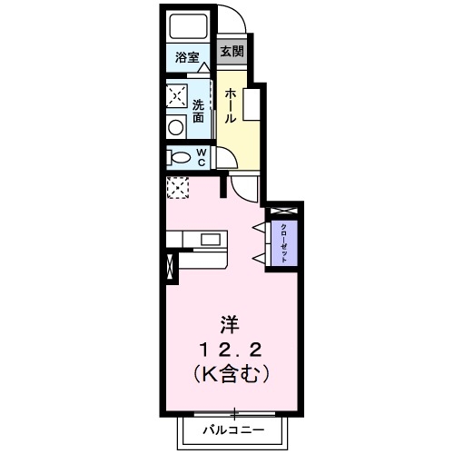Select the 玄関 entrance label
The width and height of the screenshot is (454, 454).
pyautogui.click(x=231, y=53)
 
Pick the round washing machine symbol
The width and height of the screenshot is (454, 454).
pyautogui.click(x=176, y=126)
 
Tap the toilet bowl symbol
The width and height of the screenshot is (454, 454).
pyautogui.click(x=181, y=158)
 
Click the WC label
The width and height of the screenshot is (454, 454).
pyautogui.click(x=202, y=158)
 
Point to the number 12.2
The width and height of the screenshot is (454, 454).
pyautogui.click(x=230, y=349)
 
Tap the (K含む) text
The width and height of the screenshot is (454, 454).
pyautogui.click(x=230, y=372)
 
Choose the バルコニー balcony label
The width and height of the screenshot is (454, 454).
pyautogui.click(x=233, y=428)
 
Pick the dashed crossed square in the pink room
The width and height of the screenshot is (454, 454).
pyautogui.click(x=176, y=188)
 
